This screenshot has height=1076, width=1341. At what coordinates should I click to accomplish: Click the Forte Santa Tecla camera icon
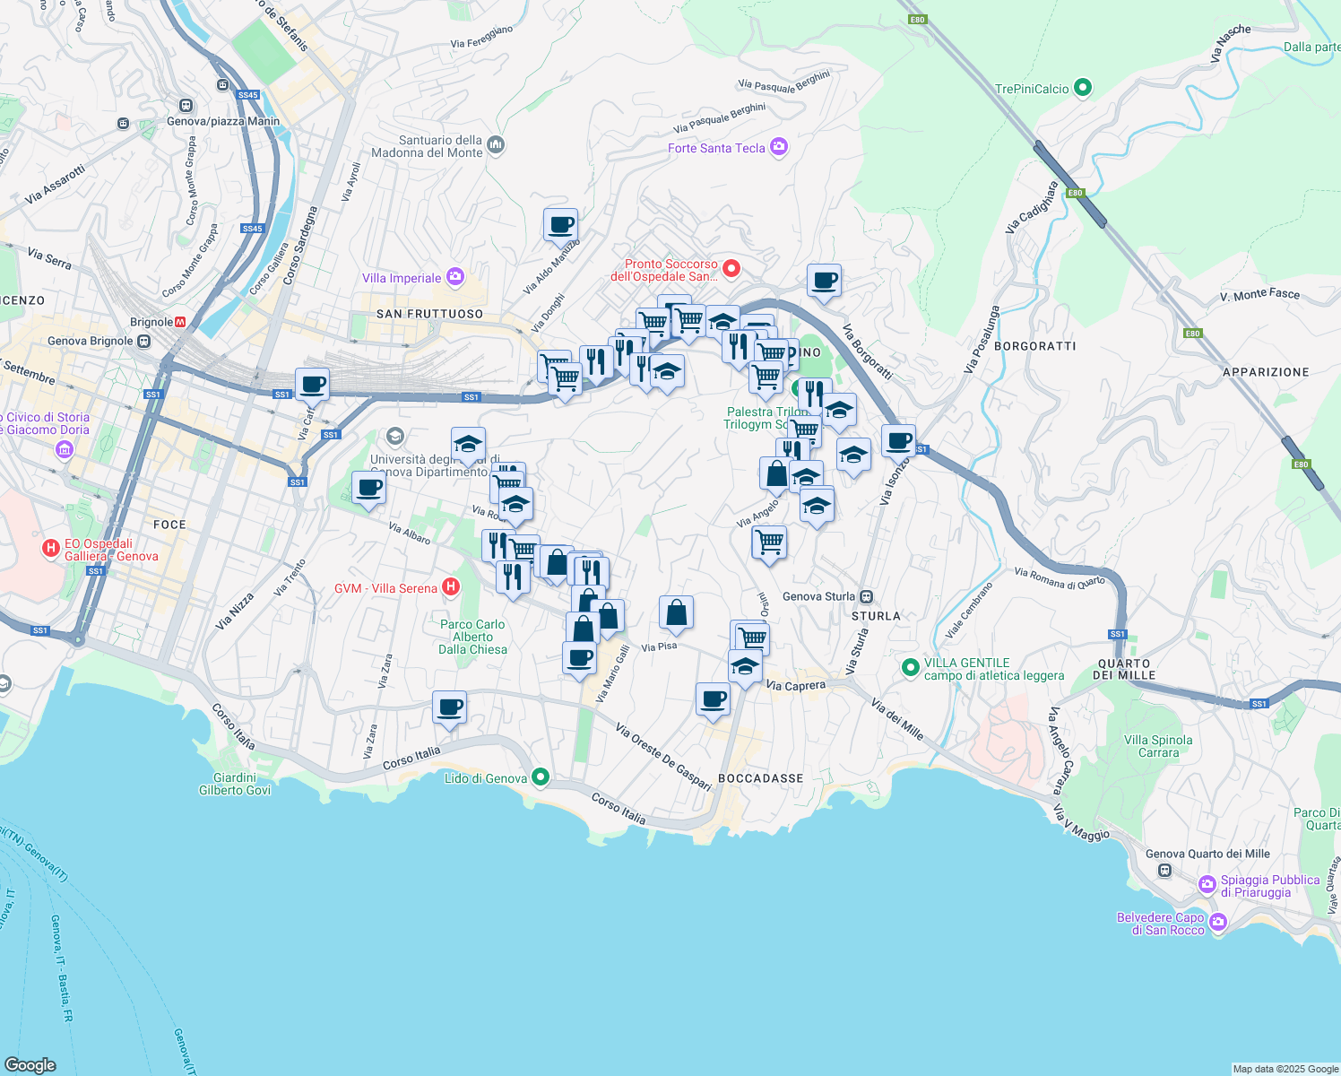coord(779,147)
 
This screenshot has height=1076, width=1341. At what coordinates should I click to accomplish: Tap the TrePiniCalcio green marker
coord(1083,88)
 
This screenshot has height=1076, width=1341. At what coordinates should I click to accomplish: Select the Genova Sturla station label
coord(819,596)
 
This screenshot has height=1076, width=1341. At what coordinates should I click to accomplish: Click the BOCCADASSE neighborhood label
coord(760,778)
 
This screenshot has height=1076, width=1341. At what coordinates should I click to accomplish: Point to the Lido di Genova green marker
coord(540,777)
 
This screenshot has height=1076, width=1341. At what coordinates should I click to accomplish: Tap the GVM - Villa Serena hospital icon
coord(451,587)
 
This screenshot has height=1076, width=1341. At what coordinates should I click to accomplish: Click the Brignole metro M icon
coord(180,322)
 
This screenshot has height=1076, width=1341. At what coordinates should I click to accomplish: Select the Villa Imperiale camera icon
coord(454,277)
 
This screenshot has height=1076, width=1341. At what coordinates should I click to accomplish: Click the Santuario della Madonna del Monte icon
coord(496,145)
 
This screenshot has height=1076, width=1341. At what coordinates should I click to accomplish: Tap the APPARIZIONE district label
coord(1266,372)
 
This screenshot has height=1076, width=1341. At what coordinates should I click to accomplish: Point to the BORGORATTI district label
coord(1035,346)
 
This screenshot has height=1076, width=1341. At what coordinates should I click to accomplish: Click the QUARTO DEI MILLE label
coord(1123,669)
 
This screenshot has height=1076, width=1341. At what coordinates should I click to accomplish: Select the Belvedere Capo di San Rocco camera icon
coord(1217,922)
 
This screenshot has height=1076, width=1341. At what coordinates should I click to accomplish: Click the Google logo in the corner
coord(30,1064)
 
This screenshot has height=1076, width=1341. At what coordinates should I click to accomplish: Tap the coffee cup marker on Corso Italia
coord(449,707)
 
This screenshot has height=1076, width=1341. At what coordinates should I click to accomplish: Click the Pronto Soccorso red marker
coord(731,268)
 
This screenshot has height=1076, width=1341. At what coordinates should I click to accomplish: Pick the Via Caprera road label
coord(796,686)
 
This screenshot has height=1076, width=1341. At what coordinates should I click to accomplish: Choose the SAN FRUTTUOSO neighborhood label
coord(429,314)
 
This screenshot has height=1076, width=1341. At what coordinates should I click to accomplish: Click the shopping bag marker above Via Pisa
coord(676,612)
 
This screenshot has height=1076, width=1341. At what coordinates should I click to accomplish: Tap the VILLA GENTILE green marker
coord(911,667)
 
